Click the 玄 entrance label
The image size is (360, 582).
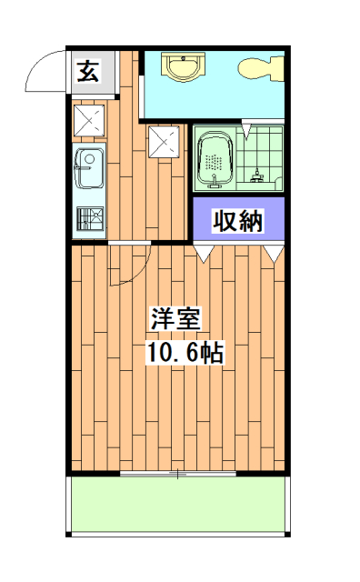point(88,70)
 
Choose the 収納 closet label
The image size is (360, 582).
point(237,219)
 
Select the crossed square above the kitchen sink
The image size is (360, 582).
point(89,119)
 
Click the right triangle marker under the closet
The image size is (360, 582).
point(273,254)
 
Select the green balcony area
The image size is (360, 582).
point(177,505)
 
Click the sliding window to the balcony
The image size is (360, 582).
point(177,474)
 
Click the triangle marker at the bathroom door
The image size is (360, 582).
point(245,133)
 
